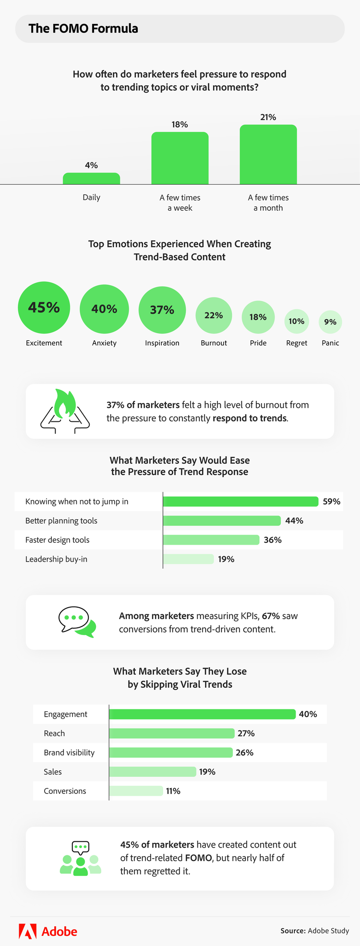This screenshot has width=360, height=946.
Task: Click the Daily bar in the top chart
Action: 91,179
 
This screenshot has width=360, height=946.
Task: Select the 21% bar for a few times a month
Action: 268,155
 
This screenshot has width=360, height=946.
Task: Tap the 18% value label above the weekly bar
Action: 180,125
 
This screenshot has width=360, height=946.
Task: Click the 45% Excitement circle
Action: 44,307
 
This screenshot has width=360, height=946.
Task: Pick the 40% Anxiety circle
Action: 104,309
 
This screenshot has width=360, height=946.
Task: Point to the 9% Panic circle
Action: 330,322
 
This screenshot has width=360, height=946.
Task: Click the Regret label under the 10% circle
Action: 297,343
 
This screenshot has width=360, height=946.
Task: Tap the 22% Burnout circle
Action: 214,315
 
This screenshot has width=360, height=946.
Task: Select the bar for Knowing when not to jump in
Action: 240,502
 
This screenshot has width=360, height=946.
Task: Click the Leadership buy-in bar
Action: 188,559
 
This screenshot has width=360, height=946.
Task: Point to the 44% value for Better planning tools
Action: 294,521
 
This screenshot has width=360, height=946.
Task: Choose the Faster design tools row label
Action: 58,540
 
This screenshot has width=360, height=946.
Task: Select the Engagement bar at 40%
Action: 202,714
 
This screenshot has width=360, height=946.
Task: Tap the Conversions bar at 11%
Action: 136,791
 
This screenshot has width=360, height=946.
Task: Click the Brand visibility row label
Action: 69,753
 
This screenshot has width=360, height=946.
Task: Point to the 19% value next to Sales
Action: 207,772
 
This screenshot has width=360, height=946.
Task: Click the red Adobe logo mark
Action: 27,931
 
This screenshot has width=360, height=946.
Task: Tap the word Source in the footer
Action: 293,931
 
